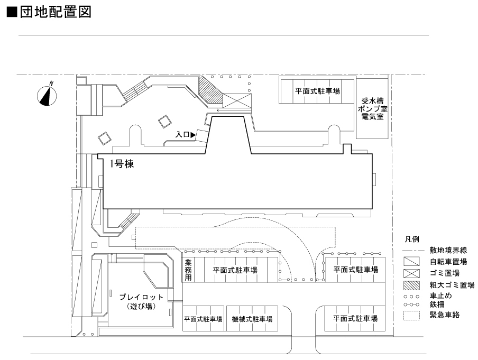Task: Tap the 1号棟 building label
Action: [x=121, y=164]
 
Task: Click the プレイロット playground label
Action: [x=141, y=301]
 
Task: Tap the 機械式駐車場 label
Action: [x=252, y=319]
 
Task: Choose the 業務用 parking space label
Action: [x=188, y=270]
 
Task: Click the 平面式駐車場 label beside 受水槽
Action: [x=317, y=90]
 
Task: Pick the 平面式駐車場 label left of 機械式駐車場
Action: [x=203, y=319]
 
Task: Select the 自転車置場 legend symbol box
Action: [x=411, y=262]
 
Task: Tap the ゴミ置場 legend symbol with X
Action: [x=411, y=273]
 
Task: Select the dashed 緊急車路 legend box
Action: [x=411, y=316]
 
